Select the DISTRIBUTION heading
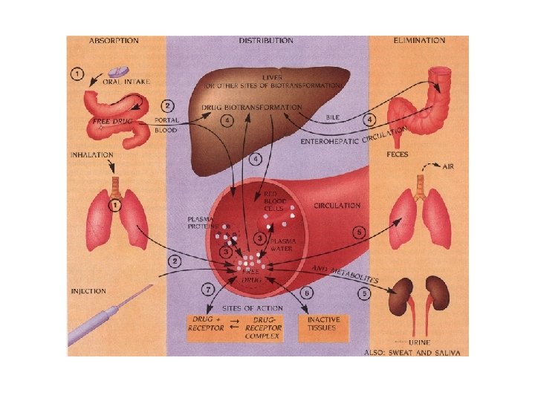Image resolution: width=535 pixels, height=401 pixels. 266,41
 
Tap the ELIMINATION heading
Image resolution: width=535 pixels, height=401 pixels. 421,41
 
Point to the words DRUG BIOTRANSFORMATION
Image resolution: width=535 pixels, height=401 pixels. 253,108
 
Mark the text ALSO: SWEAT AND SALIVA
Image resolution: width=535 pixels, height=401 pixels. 416,352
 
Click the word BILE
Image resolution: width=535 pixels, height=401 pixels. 334,118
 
